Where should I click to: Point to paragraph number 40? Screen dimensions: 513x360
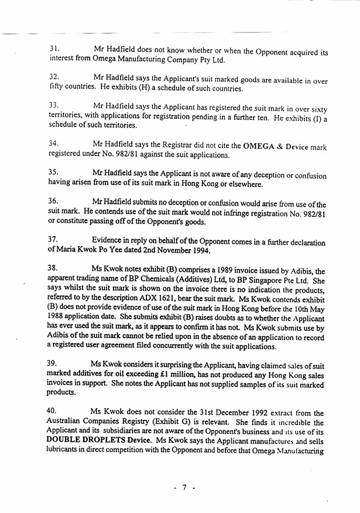[54, 412]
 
